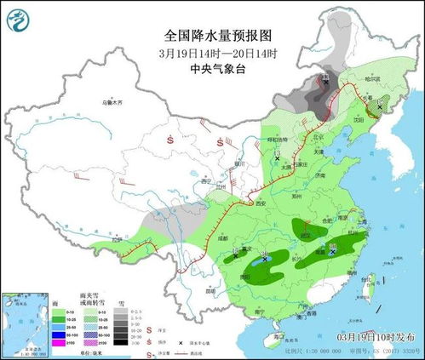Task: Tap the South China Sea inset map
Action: click(25, 323)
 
